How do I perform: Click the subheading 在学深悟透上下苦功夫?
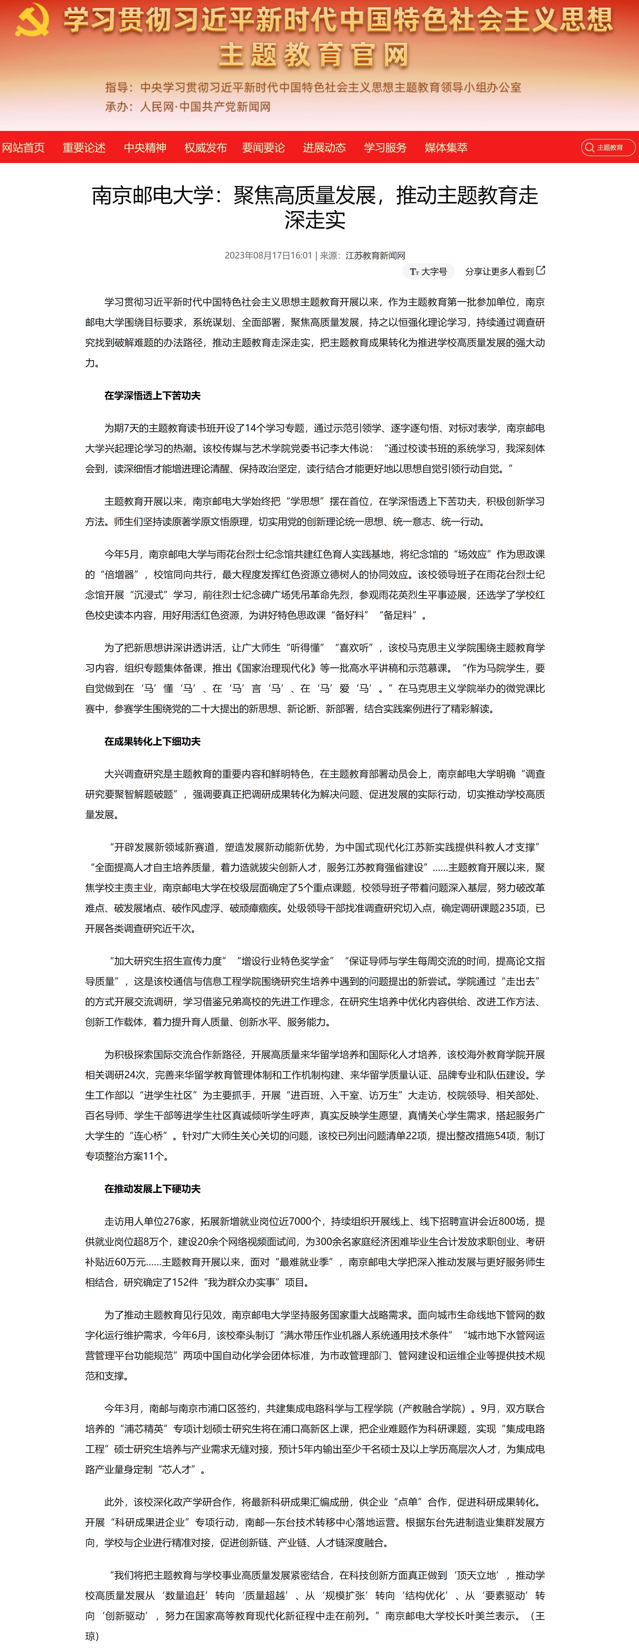click(153, 396)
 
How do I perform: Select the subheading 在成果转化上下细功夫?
click(153, 741)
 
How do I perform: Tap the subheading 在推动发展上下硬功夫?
click(153, 1189)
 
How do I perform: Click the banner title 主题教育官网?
click(314, 55)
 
